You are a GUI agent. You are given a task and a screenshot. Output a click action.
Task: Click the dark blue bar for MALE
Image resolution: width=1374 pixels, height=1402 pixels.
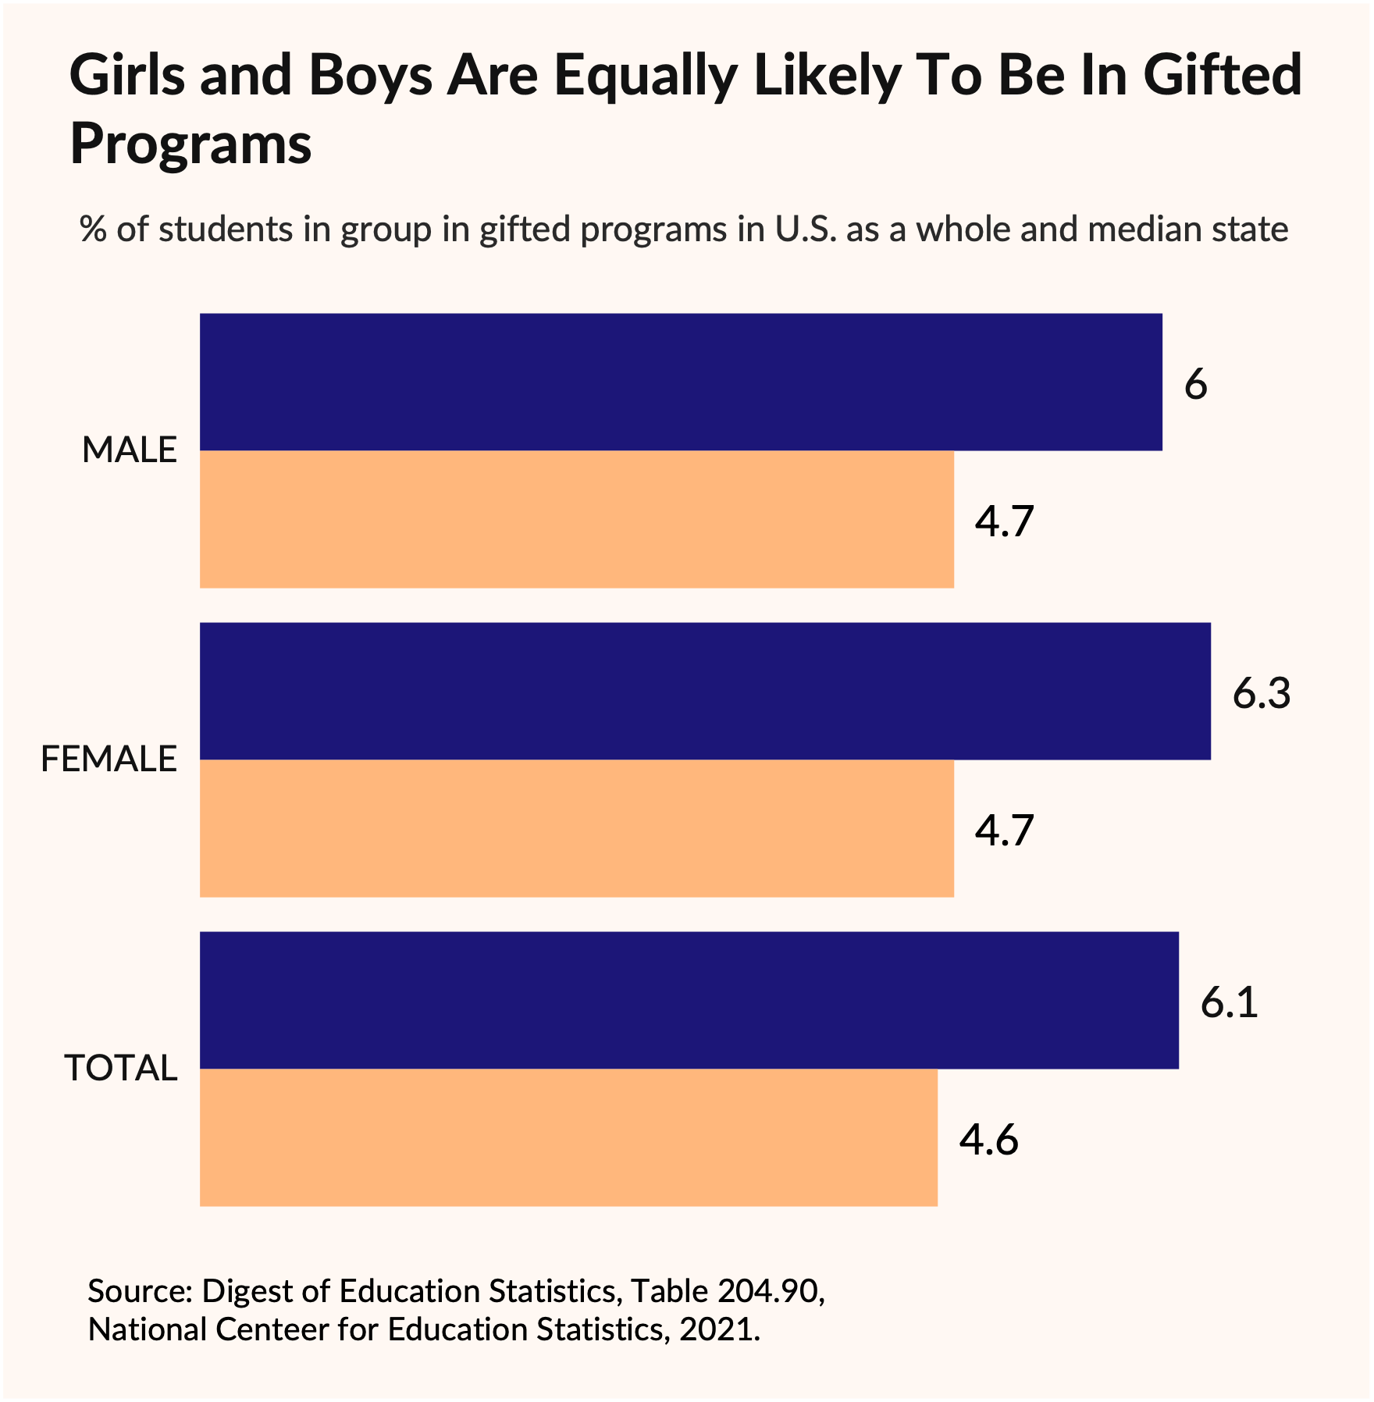pyautogui.click(x=681, y=382)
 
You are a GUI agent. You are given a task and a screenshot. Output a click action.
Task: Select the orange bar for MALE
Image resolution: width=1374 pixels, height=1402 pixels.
pyautogui.click(x=576, y=519)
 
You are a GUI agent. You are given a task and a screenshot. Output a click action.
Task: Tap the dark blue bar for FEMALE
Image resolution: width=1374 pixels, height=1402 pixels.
pyautogui.click(x=705, y=691)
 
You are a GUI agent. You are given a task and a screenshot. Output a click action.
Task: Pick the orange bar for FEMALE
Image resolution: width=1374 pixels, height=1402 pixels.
pyautogui.click(x=576, y=828)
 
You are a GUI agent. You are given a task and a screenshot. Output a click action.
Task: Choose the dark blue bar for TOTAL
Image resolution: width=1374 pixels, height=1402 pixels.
pyautogui.click(x=689, y=1000)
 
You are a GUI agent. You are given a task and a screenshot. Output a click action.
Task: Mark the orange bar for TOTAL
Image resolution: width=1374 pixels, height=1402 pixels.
pyautogui.click(x=568, y=1137)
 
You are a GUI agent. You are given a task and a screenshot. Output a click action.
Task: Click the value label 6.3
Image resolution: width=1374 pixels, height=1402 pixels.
pyautogui.click(x=1261, y=693)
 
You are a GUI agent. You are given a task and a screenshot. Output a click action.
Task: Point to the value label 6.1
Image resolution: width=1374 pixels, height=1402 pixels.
pyautogui.click(x=1229, y=1002)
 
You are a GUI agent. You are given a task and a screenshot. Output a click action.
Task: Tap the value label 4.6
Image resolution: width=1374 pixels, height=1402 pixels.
pyautogui.click(x=988, y=1140)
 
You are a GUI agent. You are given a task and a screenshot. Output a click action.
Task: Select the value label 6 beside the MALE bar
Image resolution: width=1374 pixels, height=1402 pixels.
pyautogui.click(x=1195, y=385)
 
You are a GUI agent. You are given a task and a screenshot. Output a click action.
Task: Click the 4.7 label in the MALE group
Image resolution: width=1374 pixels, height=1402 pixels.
pyautogui.click(x=1004, y=521)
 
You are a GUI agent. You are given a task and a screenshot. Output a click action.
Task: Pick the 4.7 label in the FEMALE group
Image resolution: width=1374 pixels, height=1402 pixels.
pyautogui.click(x=1004, y=831)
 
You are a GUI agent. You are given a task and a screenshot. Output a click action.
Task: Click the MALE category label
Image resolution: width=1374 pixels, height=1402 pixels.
pyautogui.click(x=130, y=450)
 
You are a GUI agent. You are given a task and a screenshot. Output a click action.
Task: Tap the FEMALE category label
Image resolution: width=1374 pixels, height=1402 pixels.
pyautogui.click(x=109, y=760)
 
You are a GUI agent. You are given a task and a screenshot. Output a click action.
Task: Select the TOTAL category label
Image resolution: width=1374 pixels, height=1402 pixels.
pyautogui.click(x=121, y=1068)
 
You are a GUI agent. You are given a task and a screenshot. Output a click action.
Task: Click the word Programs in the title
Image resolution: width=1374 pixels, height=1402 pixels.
pyautogui.click(x=190, y=144)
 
